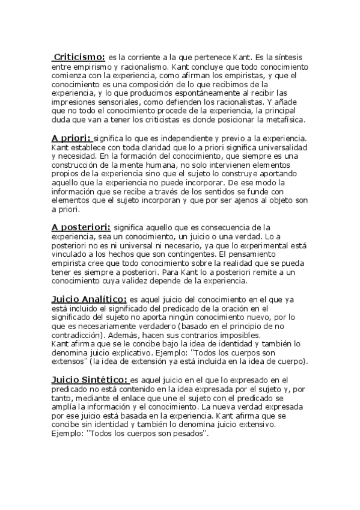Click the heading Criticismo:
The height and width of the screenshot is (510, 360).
[79, 57]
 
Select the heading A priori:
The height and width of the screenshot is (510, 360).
[71, 138]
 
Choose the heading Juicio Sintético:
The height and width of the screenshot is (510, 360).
[90, 379]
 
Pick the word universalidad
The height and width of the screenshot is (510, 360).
[280, 147]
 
